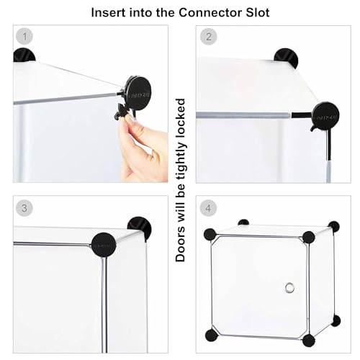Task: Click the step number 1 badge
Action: pos(24,37)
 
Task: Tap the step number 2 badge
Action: pos(209,37)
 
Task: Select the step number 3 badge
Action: pos(24,208)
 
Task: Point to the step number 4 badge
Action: pos(208,208)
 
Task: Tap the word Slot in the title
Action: pos(258,13)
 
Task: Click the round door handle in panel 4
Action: pos(289,287)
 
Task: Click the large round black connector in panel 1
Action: pos(138,93)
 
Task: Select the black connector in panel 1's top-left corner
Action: pos(24,55)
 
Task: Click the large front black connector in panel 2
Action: pos(325,116)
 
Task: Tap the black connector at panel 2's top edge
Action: pos(286,57)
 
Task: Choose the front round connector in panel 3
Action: pos(104,245)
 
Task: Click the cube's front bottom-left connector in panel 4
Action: pos(212,336)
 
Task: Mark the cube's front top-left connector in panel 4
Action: pos(210,235)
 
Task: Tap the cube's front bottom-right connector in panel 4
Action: pos(309,341)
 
